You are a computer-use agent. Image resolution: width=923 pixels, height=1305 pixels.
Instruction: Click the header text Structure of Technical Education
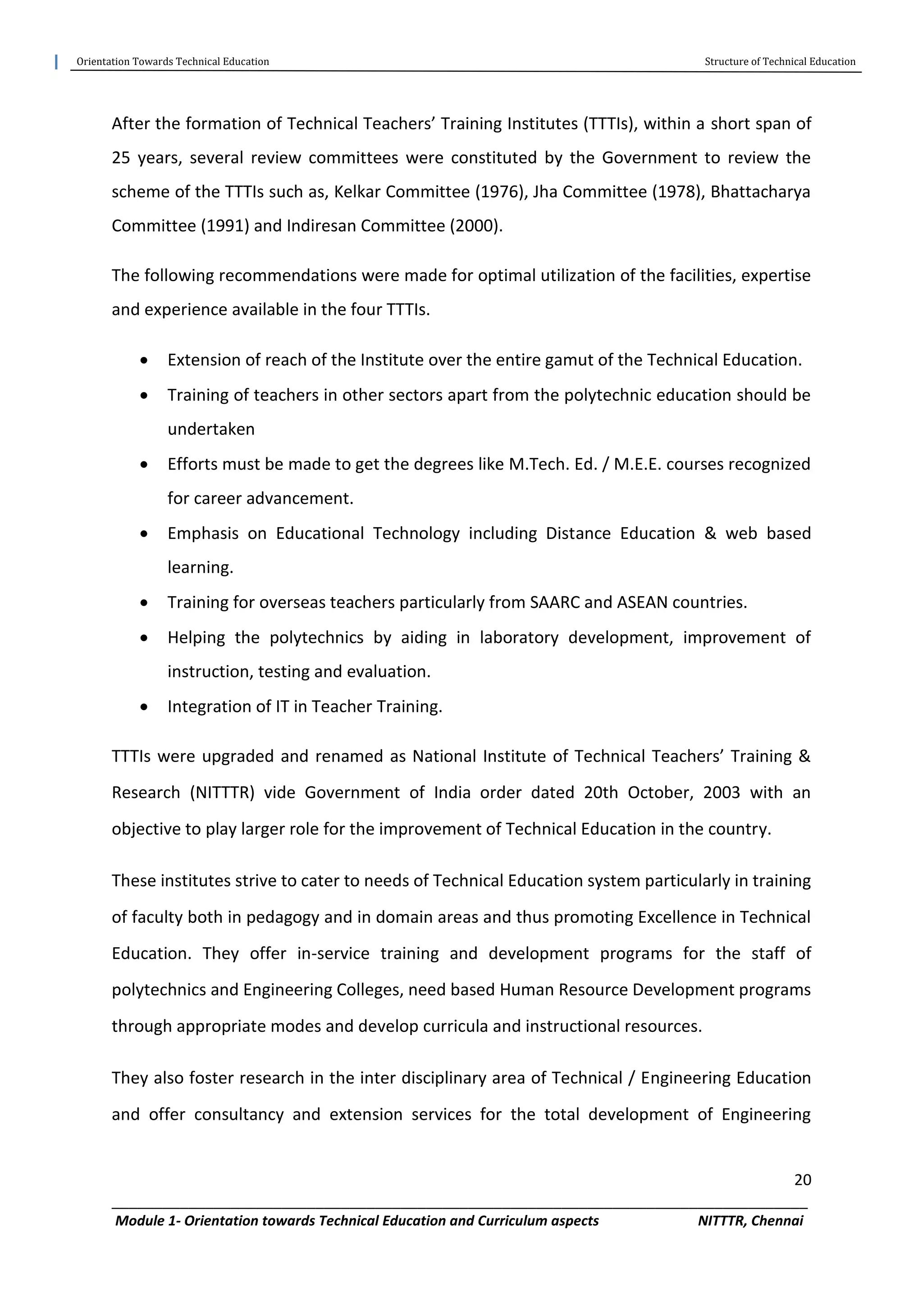[779, 61]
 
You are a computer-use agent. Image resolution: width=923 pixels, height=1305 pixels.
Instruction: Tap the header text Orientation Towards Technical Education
[173, 61]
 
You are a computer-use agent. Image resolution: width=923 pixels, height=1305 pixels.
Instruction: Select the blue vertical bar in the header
[56, 61]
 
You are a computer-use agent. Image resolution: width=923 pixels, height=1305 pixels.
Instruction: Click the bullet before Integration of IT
[144, 707]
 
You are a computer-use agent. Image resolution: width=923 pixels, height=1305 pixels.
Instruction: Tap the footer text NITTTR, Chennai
[750, 1221]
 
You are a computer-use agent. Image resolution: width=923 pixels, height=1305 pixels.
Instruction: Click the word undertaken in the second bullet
[211, 429]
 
